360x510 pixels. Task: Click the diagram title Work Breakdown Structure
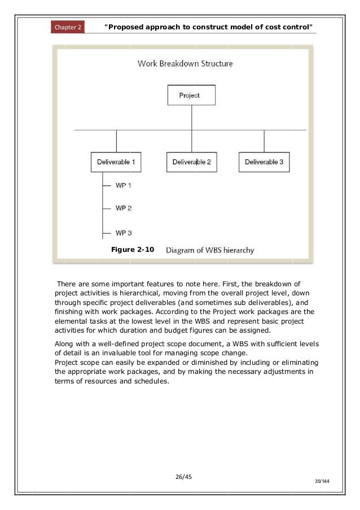[x=185, y=64]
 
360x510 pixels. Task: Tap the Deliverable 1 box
[x=115, y=162]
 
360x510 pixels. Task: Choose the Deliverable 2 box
[x=191, y=162]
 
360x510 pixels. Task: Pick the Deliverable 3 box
[x=264, y=162]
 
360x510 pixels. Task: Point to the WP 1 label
[x=124, y=185]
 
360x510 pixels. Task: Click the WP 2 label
[x=124, y=208]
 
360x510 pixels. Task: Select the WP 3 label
[x=124, y=233]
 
